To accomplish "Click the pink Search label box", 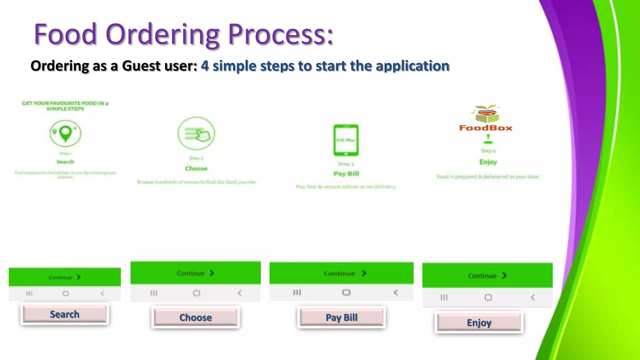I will tap(65, 314).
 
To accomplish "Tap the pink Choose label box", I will tap(196, 317).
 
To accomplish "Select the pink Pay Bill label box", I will tap(342, 317).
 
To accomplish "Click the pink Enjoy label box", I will tap(479, 322).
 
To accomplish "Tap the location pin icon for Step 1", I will tap(65, 133).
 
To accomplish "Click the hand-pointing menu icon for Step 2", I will tap(196, 134).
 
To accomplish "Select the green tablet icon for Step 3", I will tap(346, 140).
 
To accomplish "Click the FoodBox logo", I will tap(486, 119).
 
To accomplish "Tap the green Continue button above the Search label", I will tap(65, 277).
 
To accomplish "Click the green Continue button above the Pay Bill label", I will tap(342, 273).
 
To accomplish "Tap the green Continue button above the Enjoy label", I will tap(487, 276).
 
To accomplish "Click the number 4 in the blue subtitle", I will tap(205, 66).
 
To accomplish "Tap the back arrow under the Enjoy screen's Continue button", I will tap(532, 297).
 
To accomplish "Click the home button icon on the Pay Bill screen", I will tap(346, 292).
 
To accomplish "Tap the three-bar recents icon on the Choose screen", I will tap(154, 293).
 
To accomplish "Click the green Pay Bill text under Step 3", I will tap(346, 174).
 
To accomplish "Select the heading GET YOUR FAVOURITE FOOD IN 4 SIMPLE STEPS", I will tap(65, 106).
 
